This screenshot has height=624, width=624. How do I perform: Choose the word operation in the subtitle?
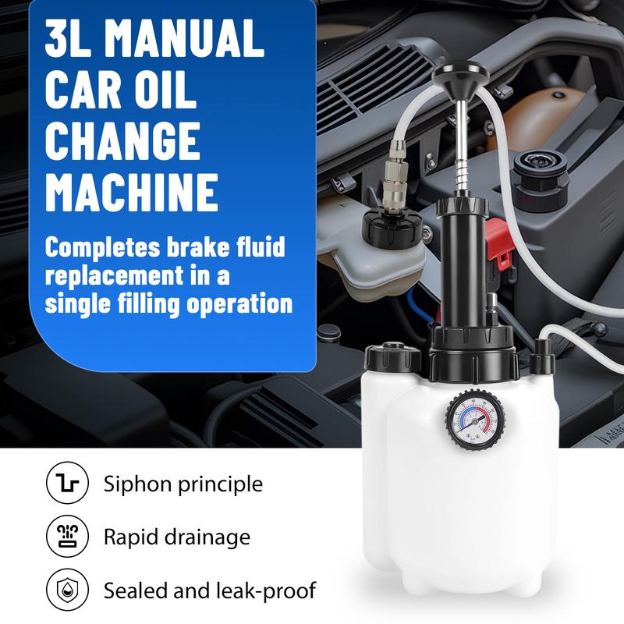coord(239,303)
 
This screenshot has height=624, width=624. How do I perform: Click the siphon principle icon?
coord(67,483)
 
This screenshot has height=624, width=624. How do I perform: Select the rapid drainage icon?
coord(67,537)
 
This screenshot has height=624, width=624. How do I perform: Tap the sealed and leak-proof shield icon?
coord(67,590)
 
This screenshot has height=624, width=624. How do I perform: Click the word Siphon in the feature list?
coord(137,484)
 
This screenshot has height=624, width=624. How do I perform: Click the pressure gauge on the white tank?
coord(476,420)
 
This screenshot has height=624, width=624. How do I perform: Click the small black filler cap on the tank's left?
coord(393,356)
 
